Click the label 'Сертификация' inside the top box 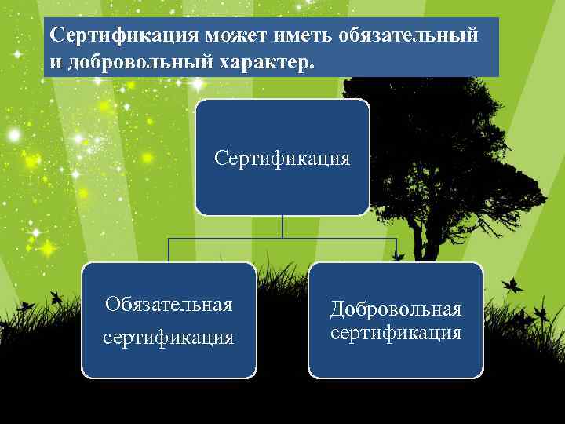(282, 159)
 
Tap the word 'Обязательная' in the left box (169, 305)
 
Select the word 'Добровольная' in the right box (395, 309)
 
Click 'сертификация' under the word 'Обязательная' (169, 338)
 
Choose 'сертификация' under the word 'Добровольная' (395, 334)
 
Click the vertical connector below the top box (282, 226)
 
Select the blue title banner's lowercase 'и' (56, 62)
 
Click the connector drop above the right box (396, 250)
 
